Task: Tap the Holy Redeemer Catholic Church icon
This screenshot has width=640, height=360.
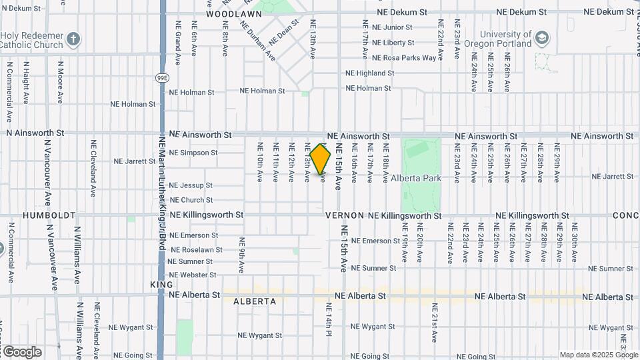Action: [x=73, y=39]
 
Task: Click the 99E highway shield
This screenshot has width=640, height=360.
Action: [x=163, y=78]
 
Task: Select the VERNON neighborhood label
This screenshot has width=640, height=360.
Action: [x=345, y=216]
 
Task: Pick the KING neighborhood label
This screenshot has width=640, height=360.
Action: [x=161, y=285]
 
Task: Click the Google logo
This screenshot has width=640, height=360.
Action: [x=21, y=351]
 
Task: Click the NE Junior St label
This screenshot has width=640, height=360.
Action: [x=392, y=27]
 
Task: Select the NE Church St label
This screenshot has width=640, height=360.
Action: [x=191, y=200]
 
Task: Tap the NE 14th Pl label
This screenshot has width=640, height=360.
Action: [x=329, y=319]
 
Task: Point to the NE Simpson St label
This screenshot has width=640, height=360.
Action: [x=193, y=153]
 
